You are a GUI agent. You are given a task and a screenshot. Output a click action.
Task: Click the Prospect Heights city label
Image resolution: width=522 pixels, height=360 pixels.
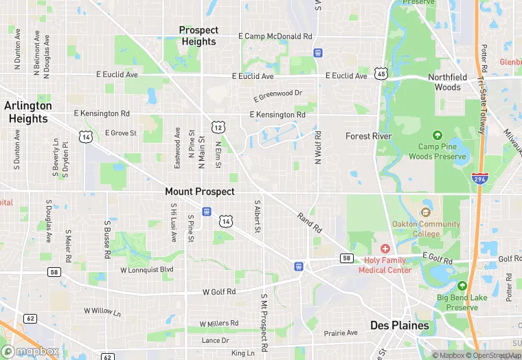198,36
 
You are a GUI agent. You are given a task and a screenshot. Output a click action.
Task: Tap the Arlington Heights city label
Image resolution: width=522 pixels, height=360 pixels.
28,112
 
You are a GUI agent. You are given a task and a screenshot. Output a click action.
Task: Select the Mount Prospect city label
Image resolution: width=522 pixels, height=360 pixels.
200,192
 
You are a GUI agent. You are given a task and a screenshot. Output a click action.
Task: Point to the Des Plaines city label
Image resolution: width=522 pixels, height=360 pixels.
399,325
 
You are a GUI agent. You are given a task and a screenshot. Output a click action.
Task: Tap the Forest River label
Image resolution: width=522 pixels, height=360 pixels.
368,136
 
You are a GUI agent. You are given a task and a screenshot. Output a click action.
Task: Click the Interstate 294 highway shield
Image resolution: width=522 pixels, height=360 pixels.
477,178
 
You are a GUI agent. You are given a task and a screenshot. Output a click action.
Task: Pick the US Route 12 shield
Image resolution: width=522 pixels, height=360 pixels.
218,127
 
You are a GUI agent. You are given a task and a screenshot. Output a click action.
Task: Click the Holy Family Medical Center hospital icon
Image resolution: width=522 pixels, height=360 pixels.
385,248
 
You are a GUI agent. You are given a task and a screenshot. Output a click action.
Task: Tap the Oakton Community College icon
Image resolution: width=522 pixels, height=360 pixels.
426,212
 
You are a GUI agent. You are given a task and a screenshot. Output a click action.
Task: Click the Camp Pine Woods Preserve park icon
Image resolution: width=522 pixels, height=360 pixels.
438,135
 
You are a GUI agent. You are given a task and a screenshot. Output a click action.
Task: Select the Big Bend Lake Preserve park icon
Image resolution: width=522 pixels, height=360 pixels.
462,286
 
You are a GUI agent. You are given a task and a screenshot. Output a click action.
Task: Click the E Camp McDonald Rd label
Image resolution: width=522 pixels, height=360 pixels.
275,36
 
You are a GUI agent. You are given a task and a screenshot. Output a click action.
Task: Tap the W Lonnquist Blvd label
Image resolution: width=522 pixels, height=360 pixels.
147,270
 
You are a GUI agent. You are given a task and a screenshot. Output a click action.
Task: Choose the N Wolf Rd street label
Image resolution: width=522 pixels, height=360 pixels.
318,147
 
